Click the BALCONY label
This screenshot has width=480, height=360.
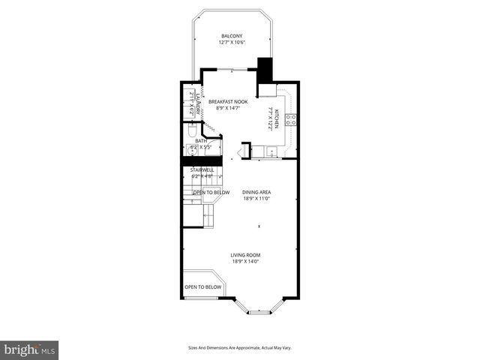[x=231, y=36]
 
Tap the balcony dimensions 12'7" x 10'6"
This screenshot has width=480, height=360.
[x=231, y=43]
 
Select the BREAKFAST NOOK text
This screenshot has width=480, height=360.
[x=228, y=101]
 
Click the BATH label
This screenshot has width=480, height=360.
[x=201, y=140]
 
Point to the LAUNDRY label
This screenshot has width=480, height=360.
[x=197, y=101]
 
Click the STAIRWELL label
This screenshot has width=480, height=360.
[x=202, y=170]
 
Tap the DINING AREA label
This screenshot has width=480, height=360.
[x=256, y=192]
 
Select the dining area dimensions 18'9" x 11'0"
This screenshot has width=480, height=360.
[x=256, y=199]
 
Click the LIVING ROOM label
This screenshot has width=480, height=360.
[x=245, y=255]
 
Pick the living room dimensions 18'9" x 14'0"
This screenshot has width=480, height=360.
[x=245, y=262]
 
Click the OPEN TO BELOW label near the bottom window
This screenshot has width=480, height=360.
[x=203, y=286]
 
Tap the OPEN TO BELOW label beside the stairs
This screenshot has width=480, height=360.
[x=211, y=193]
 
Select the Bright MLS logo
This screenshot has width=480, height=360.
[x=30, y=349]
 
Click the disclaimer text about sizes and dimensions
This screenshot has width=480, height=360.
[x=239, y=348]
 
